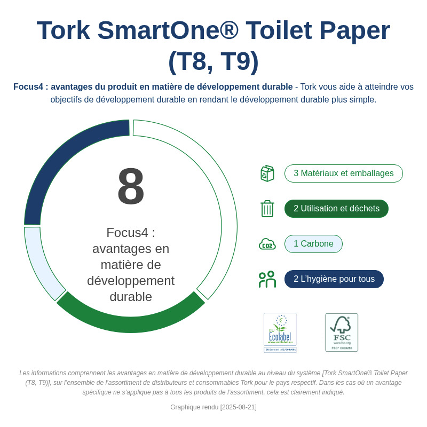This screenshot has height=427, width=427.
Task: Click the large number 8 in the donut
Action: click(131, 186)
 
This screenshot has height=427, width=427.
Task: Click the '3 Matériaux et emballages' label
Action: click(343, 173)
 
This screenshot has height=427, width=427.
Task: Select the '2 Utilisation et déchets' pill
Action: click(336, 209)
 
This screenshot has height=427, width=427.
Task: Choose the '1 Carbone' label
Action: click(313, 244)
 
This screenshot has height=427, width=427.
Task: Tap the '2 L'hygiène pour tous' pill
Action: click(334, 279)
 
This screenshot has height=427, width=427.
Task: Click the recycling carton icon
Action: click(267, 173)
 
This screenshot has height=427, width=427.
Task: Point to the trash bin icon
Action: click(267, 209)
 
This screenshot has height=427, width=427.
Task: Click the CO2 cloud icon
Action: click(267, 244)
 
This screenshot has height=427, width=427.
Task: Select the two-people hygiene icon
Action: click(267, 279)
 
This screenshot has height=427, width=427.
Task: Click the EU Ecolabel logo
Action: click(280, 333)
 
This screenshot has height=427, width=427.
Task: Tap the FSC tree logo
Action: click(342, 332)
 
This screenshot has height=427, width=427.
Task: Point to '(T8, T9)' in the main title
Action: click(213, 61)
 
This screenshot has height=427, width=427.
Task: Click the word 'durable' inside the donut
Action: click(131, 297)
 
